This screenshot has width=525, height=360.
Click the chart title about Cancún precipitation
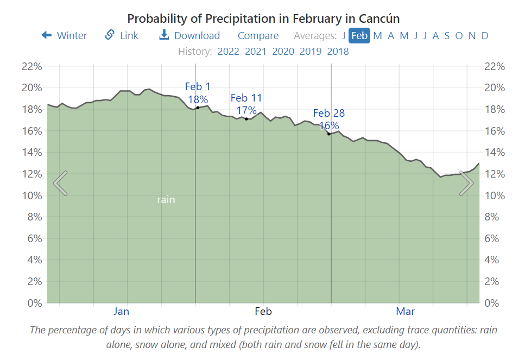[x=263, y=18]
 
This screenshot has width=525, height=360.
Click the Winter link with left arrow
[x=64, y=35]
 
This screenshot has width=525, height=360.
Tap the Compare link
[x=258, y=35]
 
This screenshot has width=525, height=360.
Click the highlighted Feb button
[x=359, y=35]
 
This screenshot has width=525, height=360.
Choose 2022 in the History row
[x=228, y=52]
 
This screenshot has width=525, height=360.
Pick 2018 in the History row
[x=338, y=52]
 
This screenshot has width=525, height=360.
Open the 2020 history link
[x=283, y=52]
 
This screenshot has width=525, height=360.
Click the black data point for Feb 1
[x=198, y=108]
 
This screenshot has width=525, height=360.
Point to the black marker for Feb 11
[x=246, y=118]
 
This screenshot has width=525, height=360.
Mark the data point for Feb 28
[x=329, y=134]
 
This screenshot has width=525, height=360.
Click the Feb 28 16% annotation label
[x=328, y=119]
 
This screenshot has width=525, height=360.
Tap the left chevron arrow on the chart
[x=60, y=183]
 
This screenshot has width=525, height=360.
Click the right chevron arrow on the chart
[x=466, y=183]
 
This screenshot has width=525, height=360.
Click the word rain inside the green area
[x=166, y=199]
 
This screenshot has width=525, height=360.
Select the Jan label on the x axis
[x=121, y=311]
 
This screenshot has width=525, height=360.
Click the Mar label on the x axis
[x=405, y=311]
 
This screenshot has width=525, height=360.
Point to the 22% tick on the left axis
[x=31, y=66]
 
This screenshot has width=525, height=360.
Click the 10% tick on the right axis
[x=495, y=195]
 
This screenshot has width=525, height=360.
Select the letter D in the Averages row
[x=485, y=35]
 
